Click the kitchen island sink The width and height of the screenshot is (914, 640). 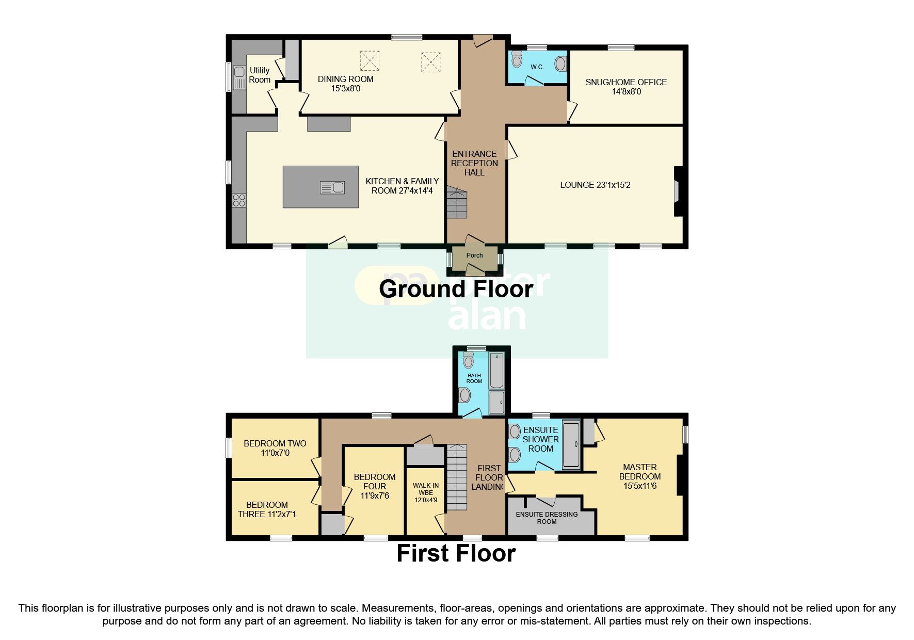coord(332,187)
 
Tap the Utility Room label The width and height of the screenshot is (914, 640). coord(260,75)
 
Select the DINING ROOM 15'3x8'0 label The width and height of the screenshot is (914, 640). coord(345,84)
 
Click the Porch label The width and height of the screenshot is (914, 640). coord(474,255)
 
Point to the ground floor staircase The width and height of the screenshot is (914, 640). coord(457,204)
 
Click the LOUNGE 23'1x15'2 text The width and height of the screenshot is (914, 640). coord(595,185)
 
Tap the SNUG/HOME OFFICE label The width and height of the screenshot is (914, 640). coord(626,87)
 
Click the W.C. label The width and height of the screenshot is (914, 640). coord(537,67)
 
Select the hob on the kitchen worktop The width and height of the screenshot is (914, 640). coord(239,200)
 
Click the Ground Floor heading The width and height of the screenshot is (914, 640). coord(456,289)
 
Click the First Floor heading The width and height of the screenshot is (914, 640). coord(456,553)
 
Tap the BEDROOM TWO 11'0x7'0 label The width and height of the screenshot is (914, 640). coord(275,448)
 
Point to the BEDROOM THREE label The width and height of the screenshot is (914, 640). coord(267,509)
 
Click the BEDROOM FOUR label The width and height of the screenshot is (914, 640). coord(375,486)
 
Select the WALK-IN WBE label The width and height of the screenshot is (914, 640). coord(426,492)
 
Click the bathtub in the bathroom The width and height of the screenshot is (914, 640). coord(496,370)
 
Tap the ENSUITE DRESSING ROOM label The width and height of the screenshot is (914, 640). coord(547,518)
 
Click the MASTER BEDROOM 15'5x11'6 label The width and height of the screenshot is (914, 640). coord(639,476)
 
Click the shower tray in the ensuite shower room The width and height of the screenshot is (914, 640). coord(571,445)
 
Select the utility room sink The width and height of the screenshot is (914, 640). coord(239,77)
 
